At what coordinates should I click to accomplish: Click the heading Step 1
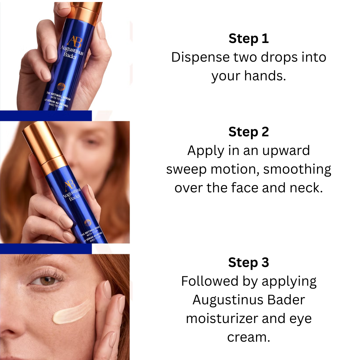pos(249,38)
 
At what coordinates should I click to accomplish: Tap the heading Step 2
pos(249,132)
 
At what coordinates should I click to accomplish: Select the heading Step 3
pos(249,262)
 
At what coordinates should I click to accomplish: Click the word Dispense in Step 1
pos(200,57)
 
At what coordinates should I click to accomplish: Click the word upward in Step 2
pos(286,151)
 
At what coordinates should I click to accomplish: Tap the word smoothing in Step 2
pos(297,169)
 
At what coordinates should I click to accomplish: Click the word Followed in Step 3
pos(210,281)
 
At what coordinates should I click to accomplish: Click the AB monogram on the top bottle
pos(74,42)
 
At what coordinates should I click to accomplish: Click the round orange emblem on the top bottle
pos(61,87)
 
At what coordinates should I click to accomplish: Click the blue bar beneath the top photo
pos(46,115)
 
